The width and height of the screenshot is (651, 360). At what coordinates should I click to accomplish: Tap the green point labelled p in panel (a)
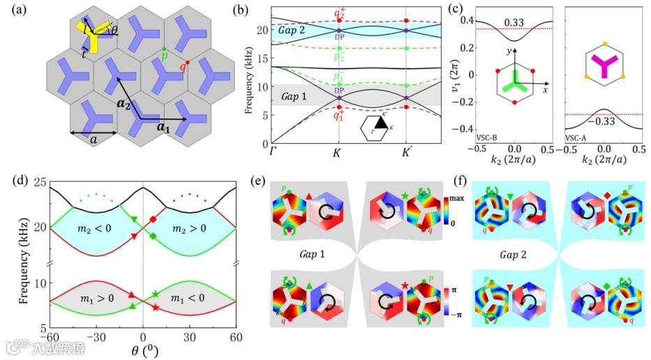tap(163, 47)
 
